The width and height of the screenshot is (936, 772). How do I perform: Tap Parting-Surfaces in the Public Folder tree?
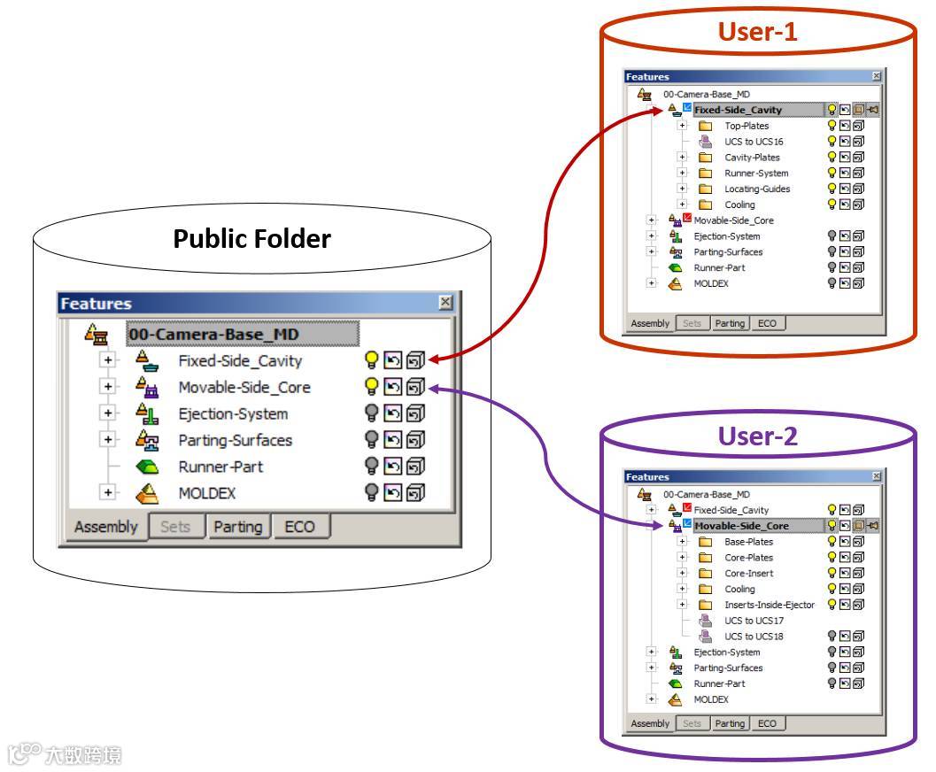pyautogui.click(x=235, y=440)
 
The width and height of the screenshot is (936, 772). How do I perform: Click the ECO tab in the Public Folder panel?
pyautogui.click(x=300, y=528)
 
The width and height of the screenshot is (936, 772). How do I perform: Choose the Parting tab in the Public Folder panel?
pyautogui.click(x=237, y=528)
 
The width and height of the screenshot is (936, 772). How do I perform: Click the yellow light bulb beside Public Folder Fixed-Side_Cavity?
pyautogui.click(x=372, y=361)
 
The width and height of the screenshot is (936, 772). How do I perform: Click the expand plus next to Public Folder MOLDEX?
pyautogui.click(x=108, y=493)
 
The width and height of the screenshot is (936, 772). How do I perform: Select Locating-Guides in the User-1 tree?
pyautogui.click(x=757, y=189)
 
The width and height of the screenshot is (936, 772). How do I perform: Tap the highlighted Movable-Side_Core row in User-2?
pyautogui.click(x=741, y=526)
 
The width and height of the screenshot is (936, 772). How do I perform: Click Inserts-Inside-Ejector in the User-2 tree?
pyautogui.click(x=769, y=605)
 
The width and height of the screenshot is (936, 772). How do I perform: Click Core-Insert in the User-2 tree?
pyautogui.click(x=748, y=573)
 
